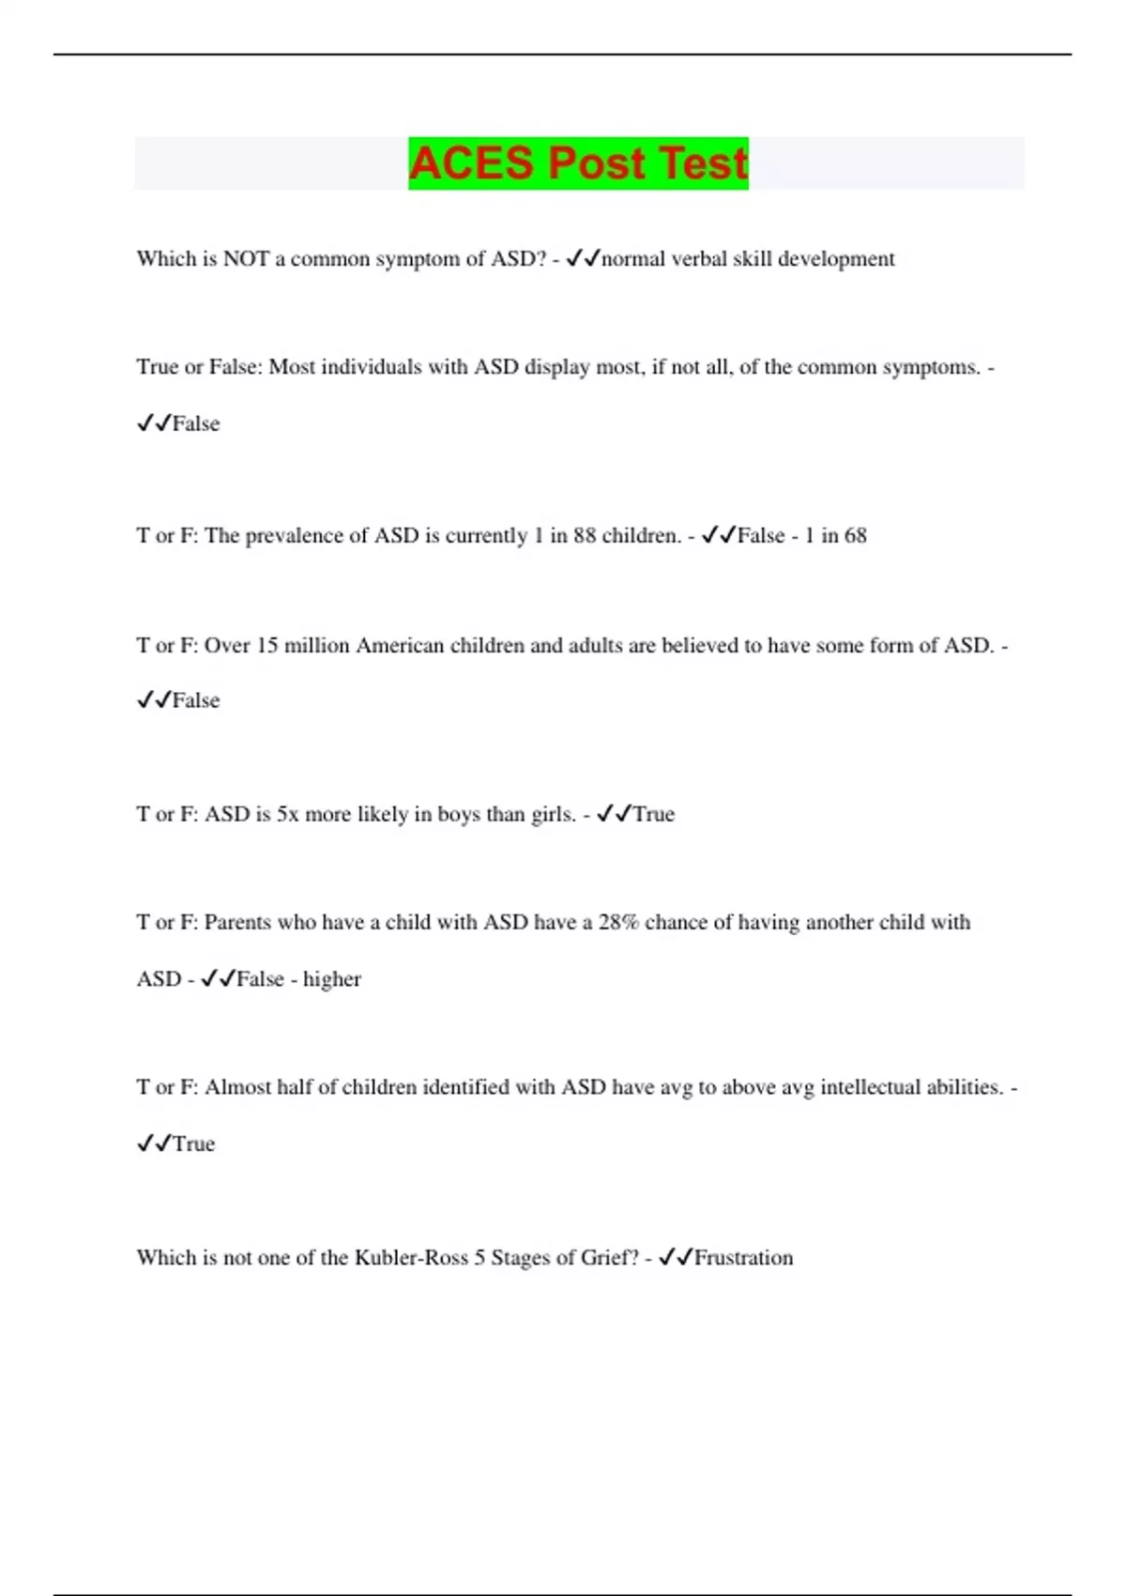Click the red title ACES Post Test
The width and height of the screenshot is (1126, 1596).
click(x=578, y=163)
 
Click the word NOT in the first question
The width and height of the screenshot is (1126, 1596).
click(x=246, y=259)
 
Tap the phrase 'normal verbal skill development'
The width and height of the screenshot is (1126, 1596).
click(x=748, y=259)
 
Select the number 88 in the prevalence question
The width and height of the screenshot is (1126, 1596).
click(x=584, y=536)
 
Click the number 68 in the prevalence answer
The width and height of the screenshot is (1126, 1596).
click(x=855, y=536)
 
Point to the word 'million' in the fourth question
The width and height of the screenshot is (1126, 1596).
click(x=316, y=646)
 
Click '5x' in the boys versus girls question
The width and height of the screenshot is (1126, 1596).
click(x=287, y=814)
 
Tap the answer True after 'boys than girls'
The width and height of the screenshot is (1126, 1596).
click(x=654, y=814)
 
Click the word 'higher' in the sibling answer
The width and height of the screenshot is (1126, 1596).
click(x=331, y=979)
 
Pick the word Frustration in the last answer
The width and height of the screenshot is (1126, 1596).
click(x=743, y=1258)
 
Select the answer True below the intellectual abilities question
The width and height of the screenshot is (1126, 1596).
click(x=194, y=1144)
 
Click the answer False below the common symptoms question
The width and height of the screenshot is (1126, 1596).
click(x=196, y=424)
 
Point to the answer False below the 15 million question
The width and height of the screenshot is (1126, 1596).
click(x=196, y=701)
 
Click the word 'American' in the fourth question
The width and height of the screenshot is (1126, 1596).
click(x=400, y=646)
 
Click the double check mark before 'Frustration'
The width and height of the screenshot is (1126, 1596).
click(x=676, y=1258)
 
